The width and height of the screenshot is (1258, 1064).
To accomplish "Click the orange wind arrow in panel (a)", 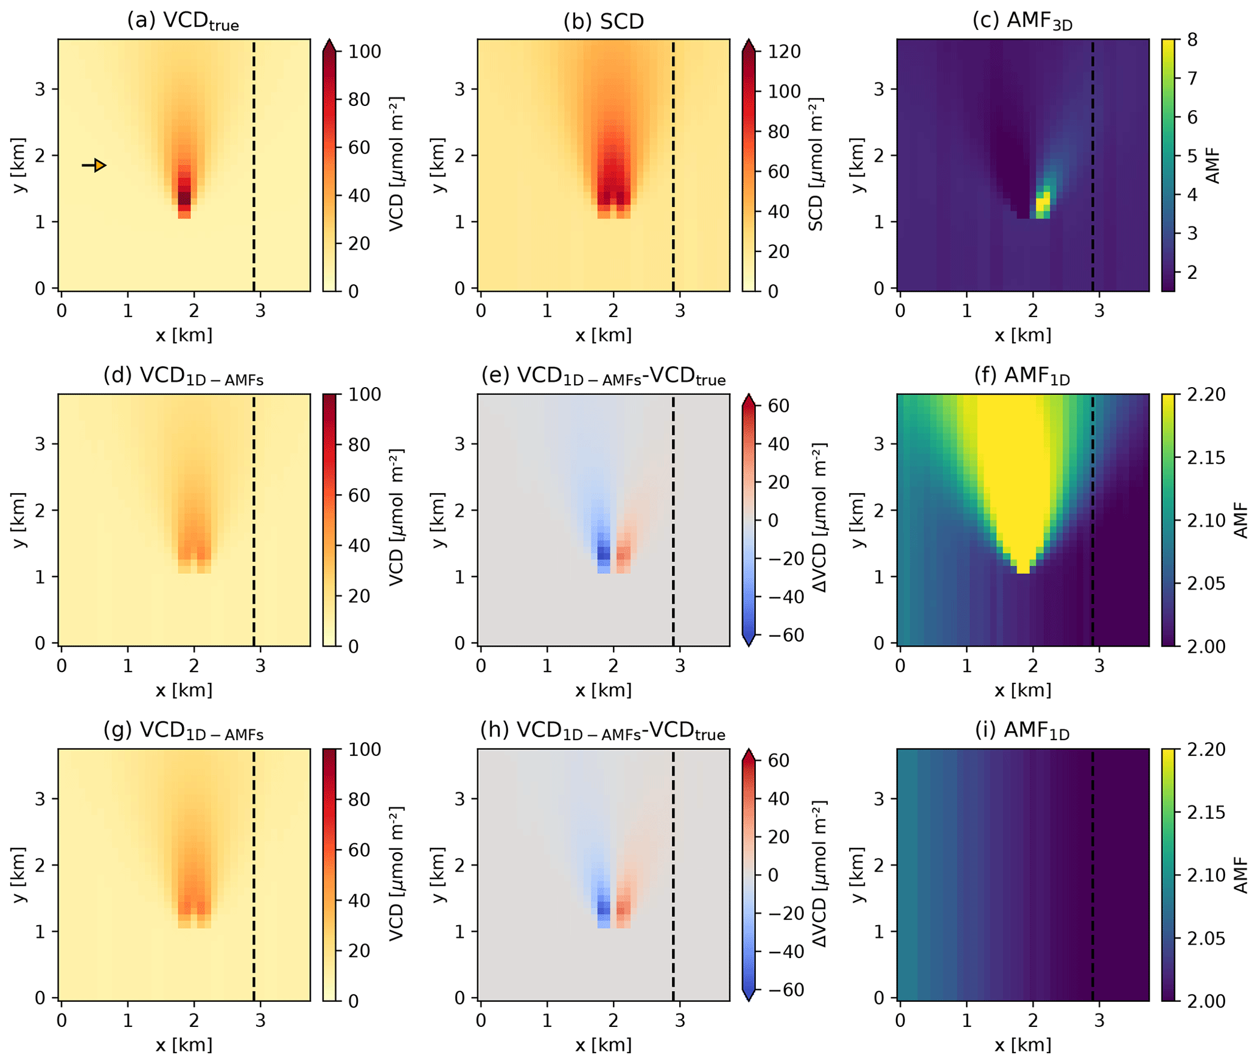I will coord(95,165).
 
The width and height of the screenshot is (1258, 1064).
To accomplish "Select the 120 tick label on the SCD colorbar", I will coord(785,52).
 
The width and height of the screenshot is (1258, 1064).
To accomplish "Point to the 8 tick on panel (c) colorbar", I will coord(1192,40).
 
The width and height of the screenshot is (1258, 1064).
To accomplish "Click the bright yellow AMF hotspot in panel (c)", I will coord(1043,201).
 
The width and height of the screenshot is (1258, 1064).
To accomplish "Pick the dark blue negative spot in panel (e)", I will coord(603,553).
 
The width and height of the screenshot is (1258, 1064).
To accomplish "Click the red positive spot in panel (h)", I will coord(624,908).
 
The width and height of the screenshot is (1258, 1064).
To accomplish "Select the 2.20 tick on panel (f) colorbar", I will coord(1206,394).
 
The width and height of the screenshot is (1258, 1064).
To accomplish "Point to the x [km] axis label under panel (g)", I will coord(184,1045).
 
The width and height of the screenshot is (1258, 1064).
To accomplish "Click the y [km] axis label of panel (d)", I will coord(19,520).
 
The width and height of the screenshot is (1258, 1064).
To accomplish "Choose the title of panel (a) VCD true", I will coord(183,22).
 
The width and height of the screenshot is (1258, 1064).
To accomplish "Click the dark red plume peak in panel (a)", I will coord(184,197).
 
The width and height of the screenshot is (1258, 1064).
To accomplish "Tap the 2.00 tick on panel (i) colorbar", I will coord(1206,1001).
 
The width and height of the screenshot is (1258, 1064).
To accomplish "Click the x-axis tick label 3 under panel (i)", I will coord(1099,1021).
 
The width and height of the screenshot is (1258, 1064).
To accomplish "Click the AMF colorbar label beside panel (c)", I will coord(1213,165).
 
